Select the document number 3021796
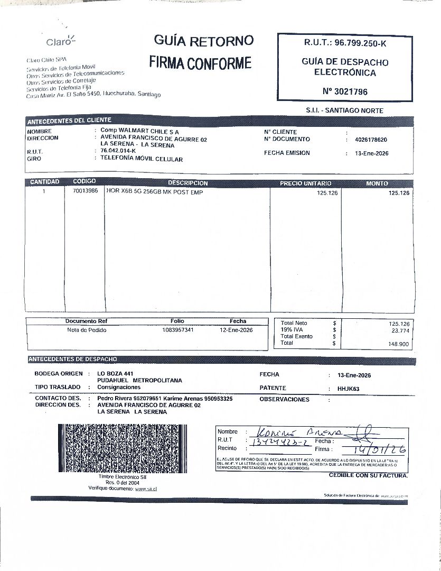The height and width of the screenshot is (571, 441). tap(345, 91)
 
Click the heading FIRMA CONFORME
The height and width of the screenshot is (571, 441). tap(200, 63)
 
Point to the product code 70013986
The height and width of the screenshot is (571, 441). tap(85, 192)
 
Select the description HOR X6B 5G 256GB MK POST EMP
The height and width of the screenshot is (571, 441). tap(155, 192)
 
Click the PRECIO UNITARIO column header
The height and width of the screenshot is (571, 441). tap(305, 183)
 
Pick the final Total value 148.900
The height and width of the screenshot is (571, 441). tap(399, 344)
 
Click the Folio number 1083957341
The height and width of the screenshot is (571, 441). tap(178, 330)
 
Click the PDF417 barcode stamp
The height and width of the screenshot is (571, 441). tap(121, 448)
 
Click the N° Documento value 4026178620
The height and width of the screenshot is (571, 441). tap(371, 140)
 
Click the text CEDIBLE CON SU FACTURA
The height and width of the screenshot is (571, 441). tap(368, 475)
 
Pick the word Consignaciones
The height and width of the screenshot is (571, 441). tap(119, 387)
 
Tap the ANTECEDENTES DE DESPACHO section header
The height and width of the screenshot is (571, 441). tap(73, 360)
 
